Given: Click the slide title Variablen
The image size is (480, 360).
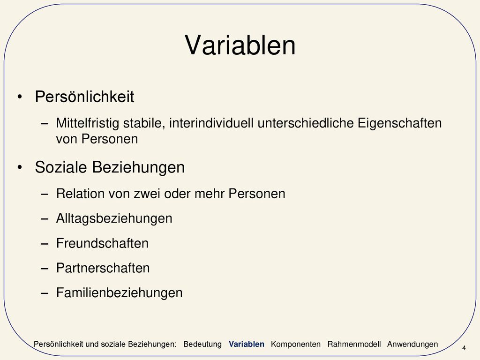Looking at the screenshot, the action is (x=240, y=45).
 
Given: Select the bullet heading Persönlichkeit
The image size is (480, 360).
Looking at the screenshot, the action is (x=84, y=97).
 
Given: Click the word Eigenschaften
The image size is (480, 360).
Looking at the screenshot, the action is (x=399, y=123).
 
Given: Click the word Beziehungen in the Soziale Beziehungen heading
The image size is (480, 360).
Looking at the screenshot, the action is (x=138, y=167).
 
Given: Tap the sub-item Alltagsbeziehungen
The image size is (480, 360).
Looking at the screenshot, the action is (x=114, y=218).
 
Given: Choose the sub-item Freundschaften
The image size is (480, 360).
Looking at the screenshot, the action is (x=102, y=243).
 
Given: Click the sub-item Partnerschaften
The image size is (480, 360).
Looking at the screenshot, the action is (x=103, y=268).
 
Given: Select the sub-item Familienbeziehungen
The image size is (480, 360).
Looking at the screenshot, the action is (x=120, y=293).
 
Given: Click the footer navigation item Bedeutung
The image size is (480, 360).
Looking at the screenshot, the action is (x=202, y=345).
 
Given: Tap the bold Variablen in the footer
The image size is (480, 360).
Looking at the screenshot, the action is (x=247, y=344).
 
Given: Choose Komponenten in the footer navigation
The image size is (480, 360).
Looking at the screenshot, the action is (x=296, y=345).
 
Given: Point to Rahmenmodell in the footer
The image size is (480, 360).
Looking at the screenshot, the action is (x=354, y=344).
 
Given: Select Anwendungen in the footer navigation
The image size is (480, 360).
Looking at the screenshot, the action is (x=412, y=345).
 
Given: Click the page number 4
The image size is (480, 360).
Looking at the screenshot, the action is (x=464, y=348).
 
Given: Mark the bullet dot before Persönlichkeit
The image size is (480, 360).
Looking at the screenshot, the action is (x=20, y=97).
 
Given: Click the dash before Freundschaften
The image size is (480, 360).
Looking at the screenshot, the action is (x=45, y=244).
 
